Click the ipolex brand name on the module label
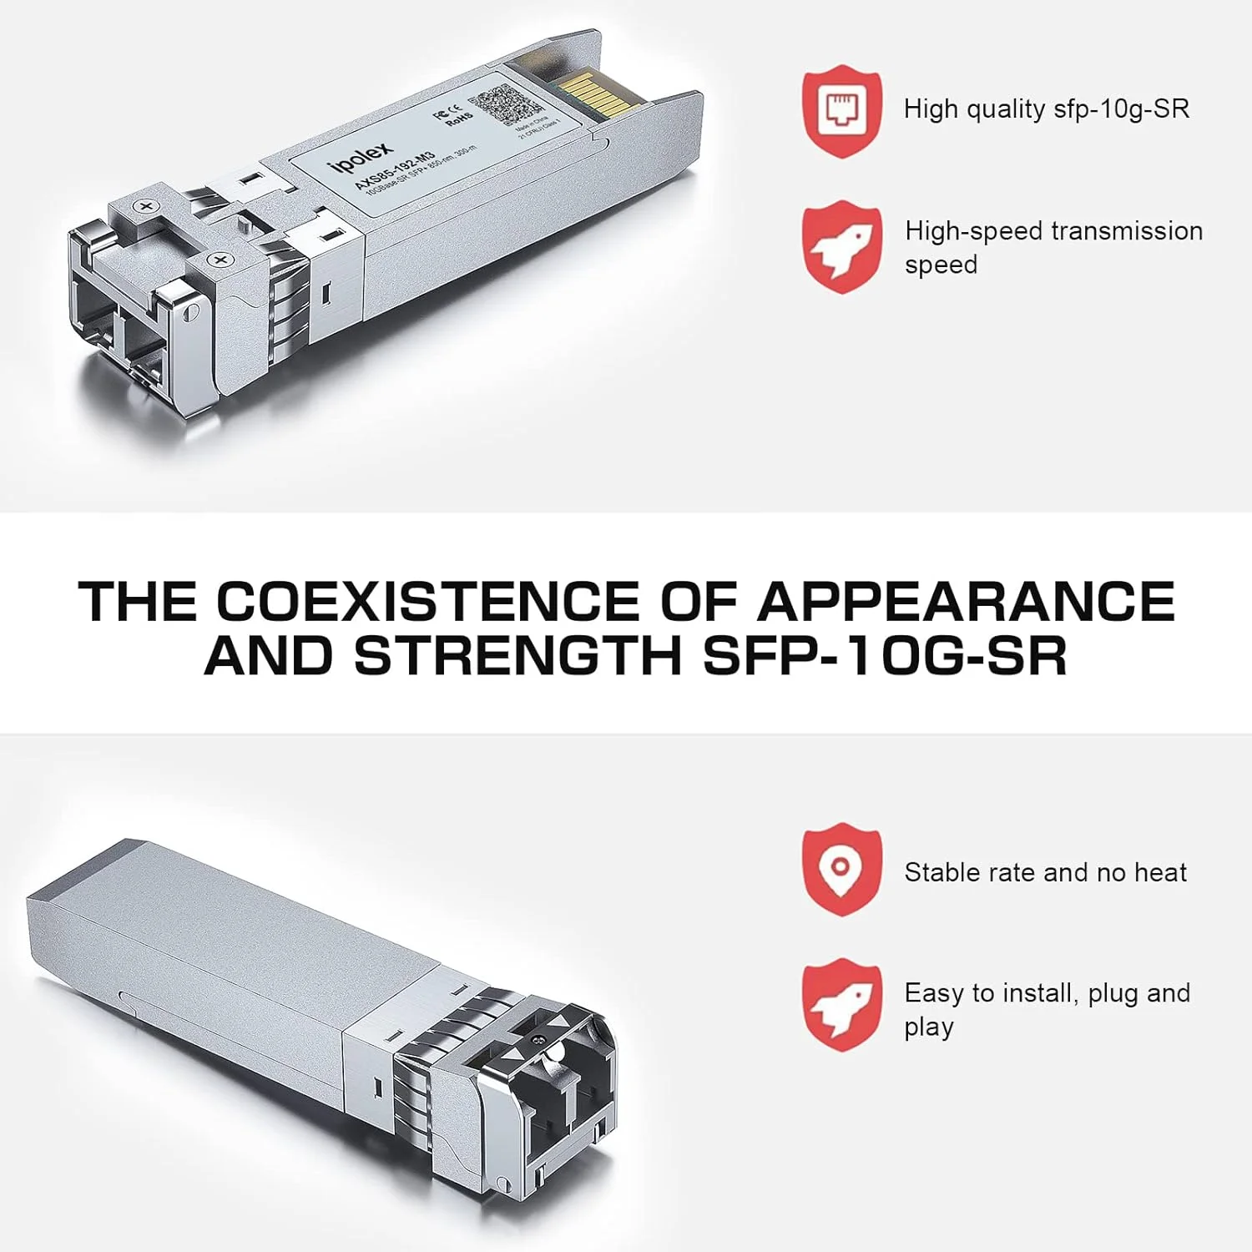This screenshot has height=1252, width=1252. tap(361, 158)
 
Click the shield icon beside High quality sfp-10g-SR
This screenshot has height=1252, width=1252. tap(842, 111)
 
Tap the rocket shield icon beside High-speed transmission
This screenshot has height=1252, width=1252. tap(842, 247)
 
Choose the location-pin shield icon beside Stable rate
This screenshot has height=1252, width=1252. tap(842, 869)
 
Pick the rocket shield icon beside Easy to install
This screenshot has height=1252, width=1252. tap(842, 1004)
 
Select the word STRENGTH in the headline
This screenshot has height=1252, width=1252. tap(518, 656)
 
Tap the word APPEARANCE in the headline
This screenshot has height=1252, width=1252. tap(966, 601)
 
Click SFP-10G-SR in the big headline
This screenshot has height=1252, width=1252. tap(886, 656)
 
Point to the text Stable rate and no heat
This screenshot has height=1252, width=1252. tap(1045, 872)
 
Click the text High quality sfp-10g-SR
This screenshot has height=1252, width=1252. tap(1046, 109)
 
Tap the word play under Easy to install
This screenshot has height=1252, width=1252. tap(929, 1027)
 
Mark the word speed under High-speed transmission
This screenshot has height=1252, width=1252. tap(941, 265)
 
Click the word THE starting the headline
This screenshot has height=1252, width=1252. tap(138, 601)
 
